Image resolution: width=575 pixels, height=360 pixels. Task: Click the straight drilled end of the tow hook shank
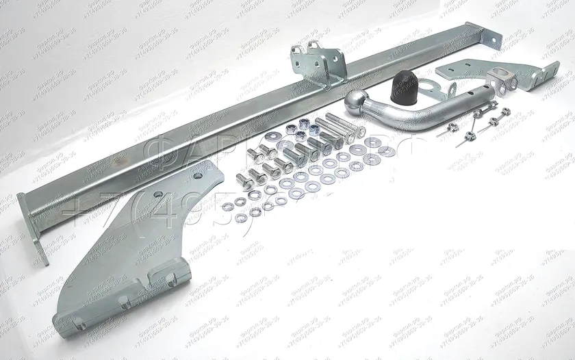pos(472,103)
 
